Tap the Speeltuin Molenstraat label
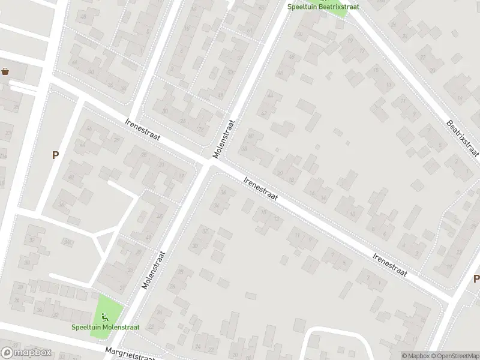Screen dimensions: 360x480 tap(106, 327)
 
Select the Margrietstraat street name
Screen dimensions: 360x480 tap(130, 353)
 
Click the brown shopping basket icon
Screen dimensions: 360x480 tap(6, 72)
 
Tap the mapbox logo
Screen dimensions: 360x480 tap(25, 353)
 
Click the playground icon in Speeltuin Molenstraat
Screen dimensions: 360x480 tap(106, 316)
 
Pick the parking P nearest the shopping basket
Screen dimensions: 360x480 tap(55, 155)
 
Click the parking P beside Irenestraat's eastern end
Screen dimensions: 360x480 tap(476, 278)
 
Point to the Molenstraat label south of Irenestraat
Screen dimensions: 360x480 tap(154, 271)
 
